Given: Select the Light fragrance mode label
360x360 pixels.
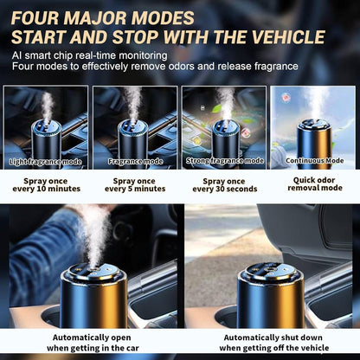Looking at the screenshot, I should (44, 162).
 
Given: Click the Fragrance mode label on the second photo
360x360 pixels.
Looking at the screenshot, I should (134, 161).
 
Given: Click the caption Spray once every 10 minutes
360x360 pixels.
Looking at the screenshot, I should (45, 184).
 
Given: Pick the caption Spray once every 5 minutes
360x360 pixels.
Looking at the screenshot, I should (135, 184).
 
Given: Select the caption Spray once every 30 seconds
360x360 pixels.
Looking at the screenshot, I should (224, 184).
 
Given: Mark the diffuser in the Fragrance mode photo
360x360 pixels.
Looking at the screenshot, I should (136, 138).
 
